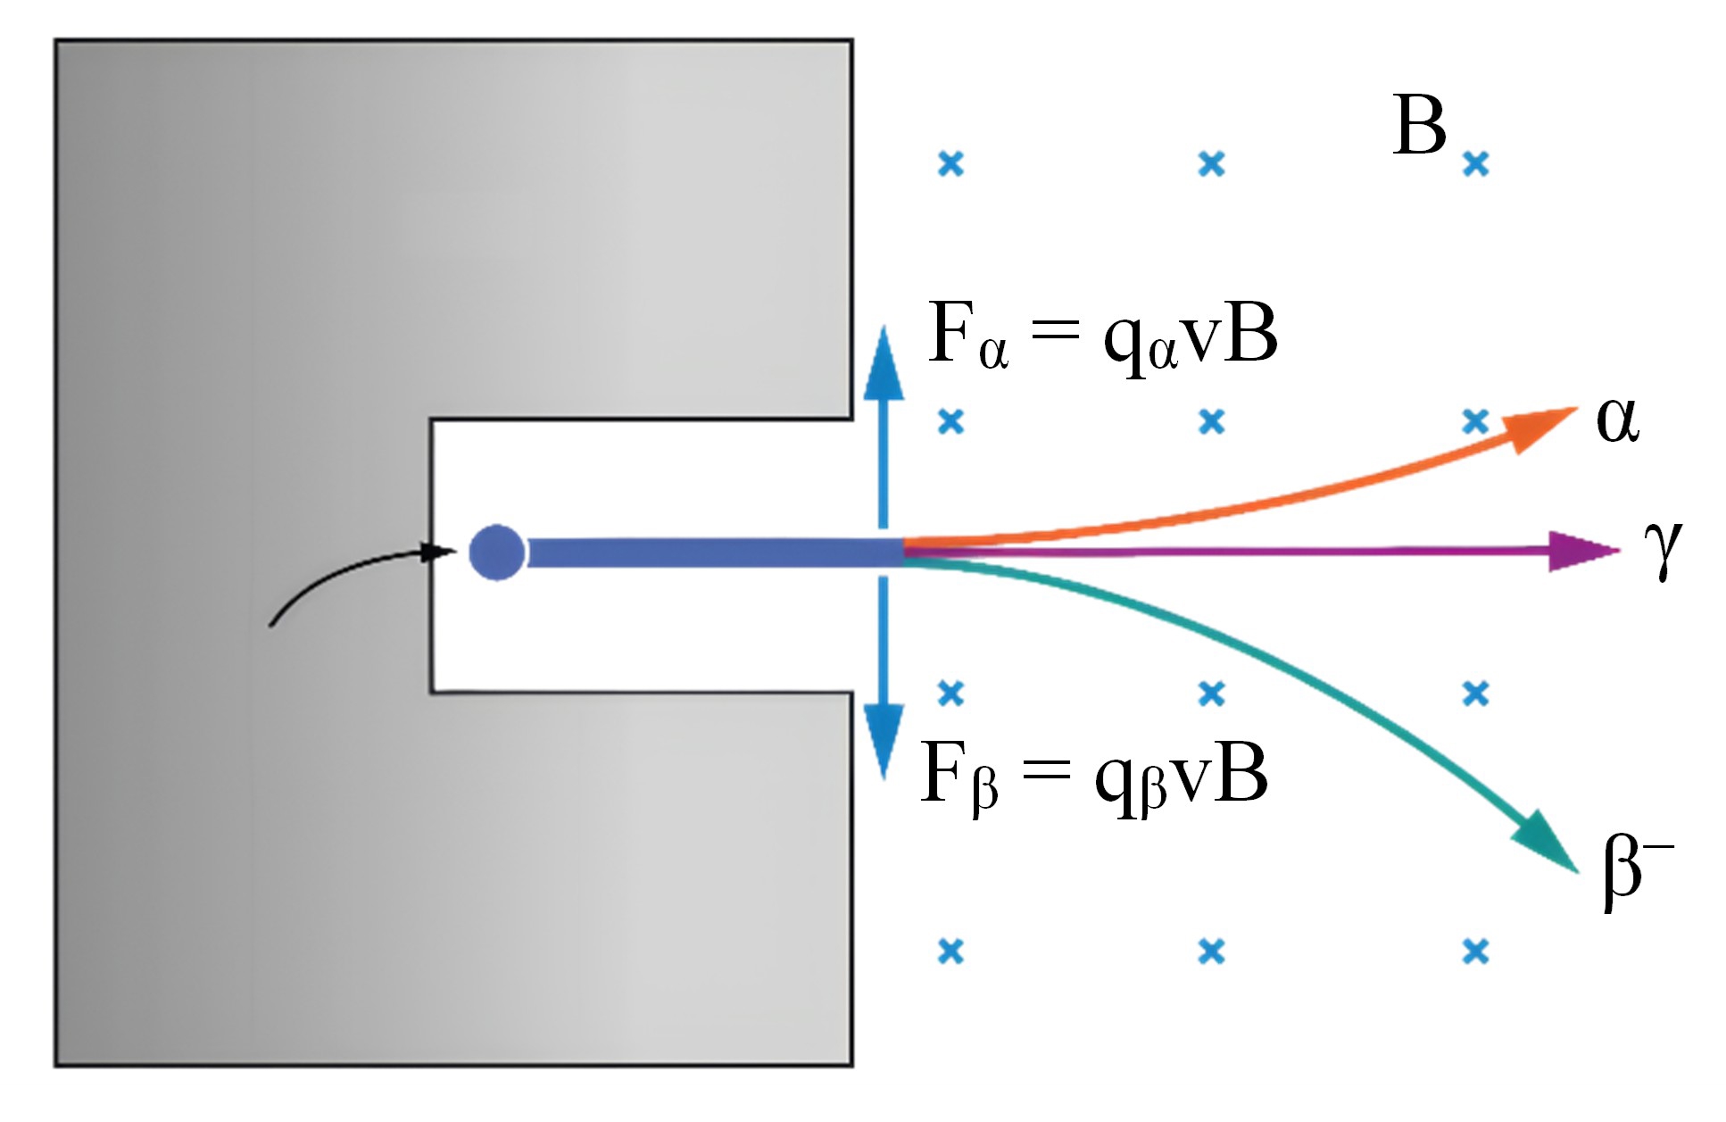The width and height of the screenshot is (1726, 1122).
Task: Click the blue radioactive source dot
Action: (496, 553)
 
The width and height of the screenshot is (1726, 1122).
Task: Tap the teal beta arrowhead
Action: (1544, 839)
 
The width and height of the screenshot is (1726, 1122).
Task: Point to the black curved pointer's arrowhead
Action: (437, 553)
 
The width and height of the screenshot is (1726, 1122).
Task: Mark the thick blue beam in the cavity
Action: (714, 553)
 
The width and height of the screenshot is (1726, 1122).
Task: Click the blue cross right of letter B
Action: (1476, 164)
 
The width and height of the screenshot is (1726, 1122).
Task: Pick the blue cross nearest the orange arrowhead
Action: (1476, 420)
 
